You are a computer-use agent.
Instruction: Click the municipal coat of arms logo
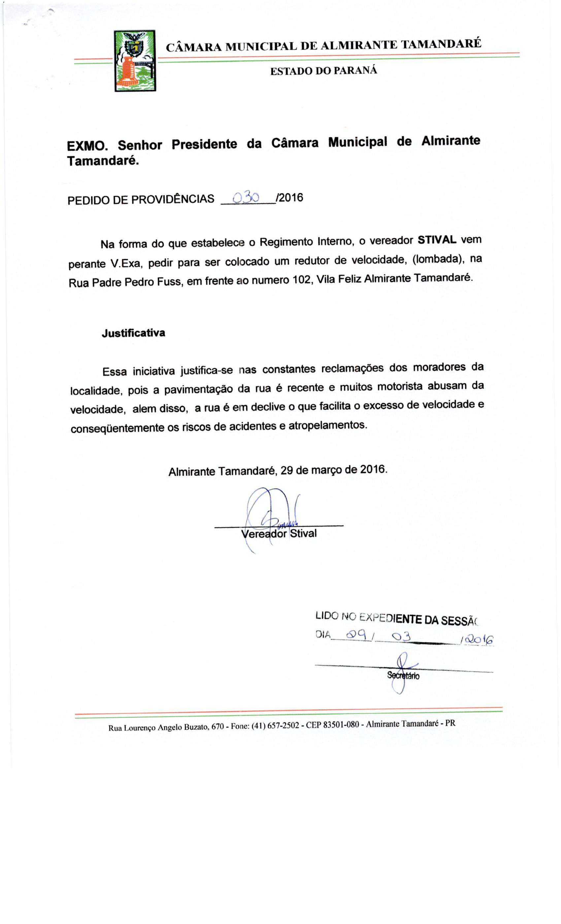[135, 61]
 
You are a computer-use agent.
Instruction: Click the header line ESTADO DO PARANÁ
[323, 71]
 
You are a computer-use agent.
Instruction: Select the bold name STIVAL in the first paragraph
[437, 240]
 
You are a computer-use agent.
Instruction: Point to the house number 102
[300, 280]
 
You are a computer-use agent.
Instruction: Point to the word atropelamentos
[327, 425]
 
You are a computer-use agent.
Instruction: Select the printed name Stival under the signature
[303, 533]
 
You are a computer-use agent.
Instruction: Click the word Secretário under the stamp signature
[403, 676]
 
